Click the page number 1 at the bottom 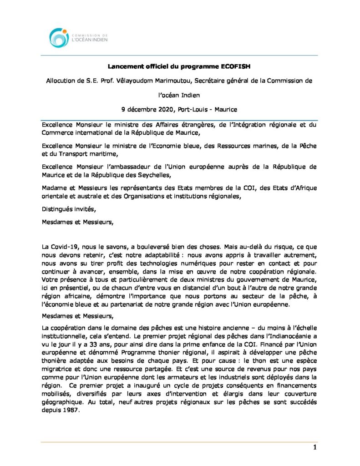314,447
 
